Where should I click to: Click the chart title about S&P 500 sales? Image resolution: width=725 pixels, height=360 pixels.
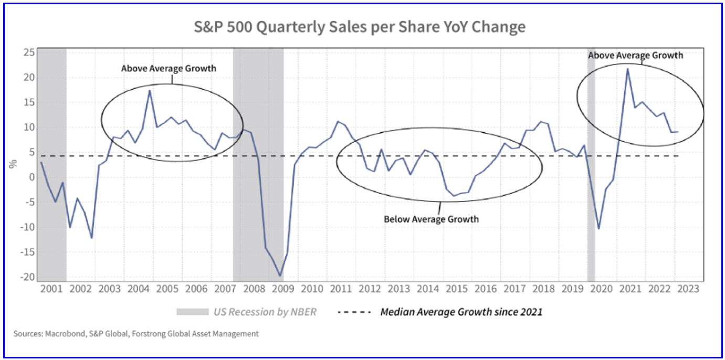360,27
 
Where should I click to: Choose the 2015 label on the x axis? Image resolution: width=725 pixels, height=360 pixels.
457,289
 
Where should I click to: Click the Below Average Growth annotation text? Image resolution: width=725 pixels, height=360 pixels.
431,219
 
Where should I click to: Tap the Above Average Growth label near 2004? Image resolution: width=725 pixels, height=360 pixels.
169,69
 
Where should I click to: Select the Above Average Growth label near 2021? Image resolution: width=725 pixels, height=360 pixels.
635,55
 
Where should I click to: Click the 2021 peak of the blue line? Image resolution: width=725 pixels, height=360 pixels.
627,69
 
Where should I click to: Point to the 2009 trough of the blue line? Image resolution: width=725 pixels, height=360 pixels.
280,276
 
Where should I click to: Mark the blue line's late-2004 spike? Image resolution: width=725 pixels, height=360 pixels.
150,90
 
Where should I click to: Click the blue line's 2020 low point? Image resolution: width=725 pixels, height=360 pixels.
598,228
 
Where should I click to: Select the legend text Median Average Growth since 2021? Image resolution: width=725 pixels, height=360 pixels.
461,312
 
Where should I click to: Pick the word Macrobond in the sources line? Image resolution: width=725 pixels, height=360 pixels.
58,333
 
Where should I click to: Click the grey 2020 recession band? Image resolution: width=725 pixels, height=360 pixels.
591,157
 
